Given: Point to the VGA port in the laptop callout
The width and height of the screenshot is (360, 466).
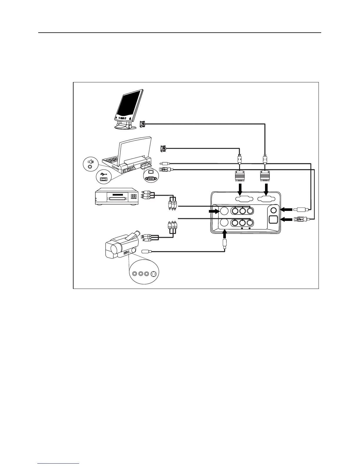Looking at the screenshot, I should pyautogui.click(x=151, y=178).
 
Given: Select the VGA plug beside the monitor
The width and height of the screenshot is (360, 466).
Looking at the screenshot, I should pyautogui.click(x=142, y=124).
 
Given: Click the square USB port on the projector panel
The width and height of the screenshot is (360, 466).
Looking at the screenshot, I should pyautogui.click(x=274, y=219).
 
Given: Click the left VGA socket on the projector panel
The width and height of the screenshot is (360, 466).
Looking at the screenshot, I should pyautogui.click(x=240, y=199).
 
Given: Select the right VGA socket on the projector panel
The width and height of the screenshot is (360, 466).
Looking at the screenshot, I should pyautogui.click(x=266, y=199).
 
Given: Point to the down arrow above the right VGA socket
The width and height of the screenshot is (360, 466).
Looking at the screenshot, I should pyautogui.click(x=266, y=188).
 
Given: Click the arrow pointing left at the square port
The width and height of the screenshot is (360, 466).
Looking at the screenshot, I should pyautogui.click(x=286, y=219).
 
